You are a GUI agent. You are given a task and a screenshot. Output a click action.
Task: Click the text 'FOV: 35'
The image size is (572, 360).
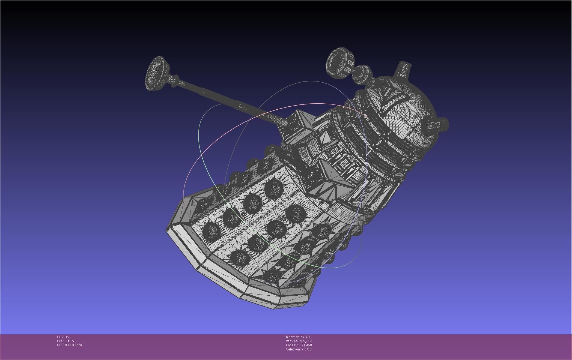tap(63, 337)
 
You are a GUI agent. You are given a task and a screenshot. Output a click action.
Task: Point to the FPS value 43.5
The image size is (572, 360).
tap(70, 341)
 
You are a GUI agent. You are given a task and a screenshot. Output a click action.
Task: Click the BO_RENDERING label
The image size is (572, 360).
tap(70, 345)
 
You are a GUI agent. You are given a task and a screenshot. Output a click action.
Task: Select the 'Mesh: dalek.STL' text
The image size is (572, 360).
tap(298, 337)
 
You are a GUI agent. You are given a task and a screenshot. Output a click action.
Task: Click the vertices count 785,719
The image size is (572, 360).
tap(305, 341)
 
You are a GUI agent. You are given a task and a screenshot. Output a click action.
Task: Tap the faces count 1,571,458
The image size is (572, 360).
tap(304, 345)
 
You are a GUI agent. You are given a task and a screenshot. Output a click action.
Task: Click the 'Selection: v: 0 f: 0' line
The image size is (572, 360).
tap(299, 349)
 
